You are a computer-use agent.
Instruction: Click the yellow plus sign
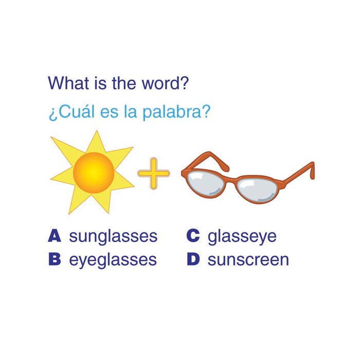154,173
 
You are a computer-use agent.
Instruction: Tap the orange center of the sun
94,173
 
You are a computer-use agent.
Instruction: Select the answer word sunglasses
113,237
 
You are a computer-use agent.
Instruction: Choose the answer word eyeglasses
113,260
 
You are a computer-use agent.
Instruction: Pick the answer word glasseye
242,237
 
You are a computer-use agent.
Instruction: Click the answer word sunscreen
248,260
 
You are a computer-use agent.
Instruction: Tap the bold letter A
55,236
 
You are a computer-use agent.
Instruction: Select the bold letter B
55,259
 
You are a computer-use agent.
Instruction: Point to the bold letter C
193,236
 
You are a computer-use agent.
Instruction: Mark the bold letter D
193,259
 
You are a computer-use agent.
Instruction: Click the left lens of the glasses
205,184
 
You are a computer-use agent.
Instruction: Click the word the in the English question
124,83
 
